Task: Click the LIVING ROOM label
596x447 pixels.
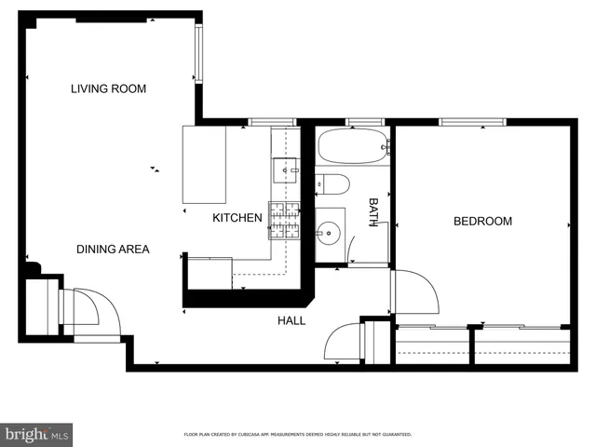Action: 109,88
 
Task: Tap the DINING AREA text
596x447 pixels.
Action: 113,249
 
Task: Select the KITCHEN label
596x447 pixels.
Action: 237,218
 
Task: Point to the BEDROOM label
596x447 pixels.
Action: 482,221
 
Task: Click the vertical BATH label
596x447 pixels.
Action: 373,212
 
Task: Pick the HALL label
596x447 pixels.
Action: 291,320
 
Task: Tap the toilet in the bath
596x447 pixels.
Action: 332,183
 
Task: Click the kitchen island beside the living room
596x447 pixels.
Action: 205,164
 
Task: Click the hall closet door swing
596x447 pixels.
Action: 341,342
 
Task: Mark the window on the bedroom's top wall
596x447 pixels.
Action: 472,121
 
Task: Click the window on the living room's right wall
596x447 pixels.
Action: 198,53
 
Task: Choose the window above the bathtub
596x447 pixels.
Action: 364,121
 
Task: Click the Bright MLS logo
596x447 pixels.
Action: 37,434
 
